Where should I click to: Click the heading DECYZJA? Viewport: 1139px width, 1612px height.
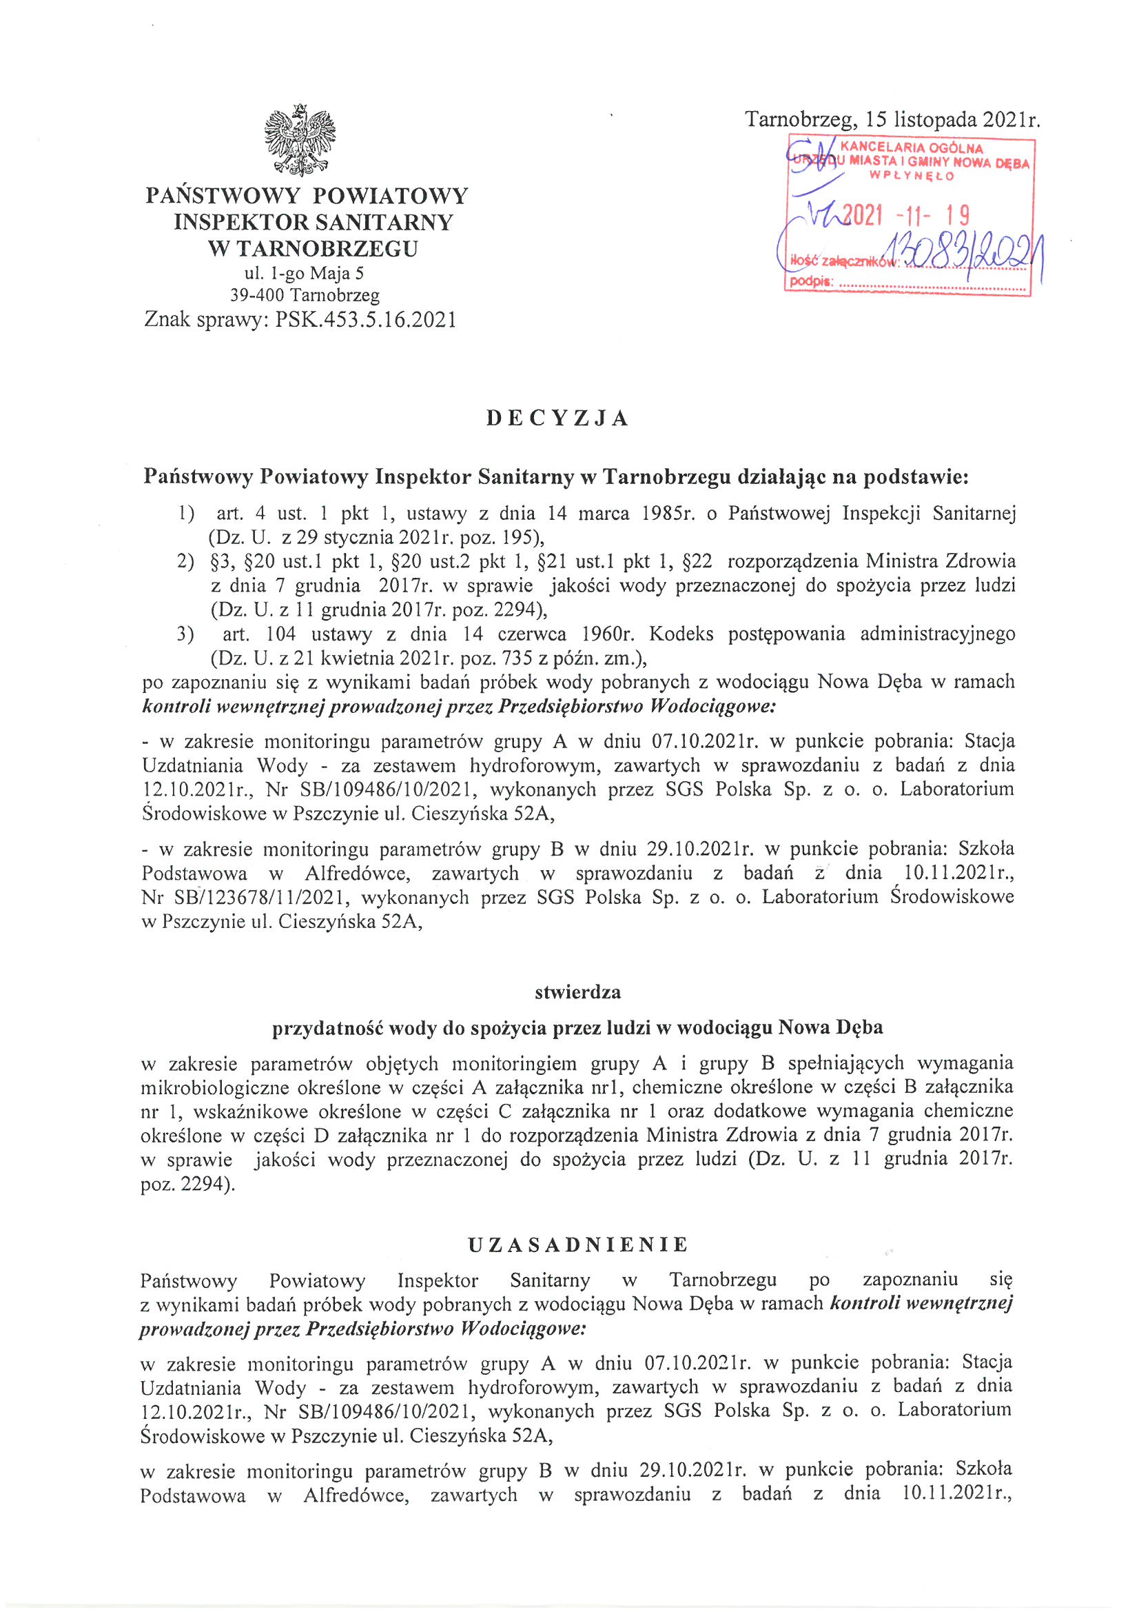click(x=558, y=419)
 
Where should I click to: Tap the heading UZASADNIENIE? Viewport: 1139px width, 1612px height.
click(x=577, y=1245)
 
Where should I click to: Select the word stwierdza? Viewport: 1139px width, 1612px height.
click(x=577, y=992)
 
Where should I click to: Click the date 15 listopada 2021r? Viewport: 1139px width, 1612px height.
click(x=953, y=119)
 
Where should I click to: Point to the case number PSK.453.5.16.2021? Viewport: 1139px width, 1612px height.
click(x=365, y=320)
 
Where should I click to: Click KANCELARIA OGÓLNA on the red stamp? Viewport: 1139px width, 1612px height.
click(x=911, y=148)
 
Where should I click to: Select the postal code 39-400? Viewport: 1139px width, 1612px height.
click(x=257, y=296)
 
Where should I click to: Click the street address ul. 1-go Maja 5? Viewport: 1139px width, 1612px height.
click(x=304, y=273)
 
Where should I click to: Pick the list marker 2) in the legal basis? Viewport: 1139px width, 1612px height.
click(x=185, y=562)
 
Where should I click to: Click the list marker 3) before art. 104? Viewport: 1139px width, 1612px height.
click(x=185, y=635)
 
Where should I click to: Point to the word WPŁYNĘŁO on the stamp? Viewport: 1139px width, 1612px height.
click(x=912, y=177)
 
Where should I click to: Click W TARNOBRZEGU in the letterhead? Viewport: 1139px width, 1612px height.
click(x=312, y=248)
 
